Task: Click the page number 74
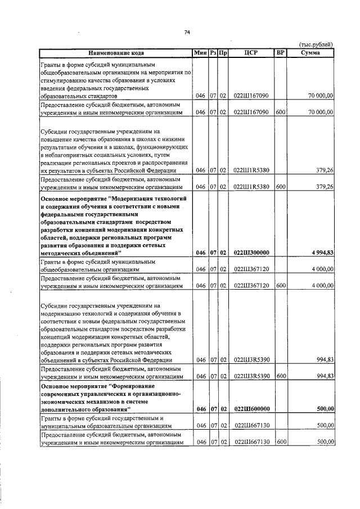187,31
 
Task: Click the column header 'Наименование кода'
115,53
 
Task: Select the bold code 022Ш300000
251,253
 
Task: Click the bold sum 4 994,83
319,253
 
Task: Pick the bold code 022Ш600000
251,409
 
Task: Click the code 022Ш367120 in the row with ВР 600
251,286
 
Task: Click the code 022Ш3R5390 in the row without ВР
251,359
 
